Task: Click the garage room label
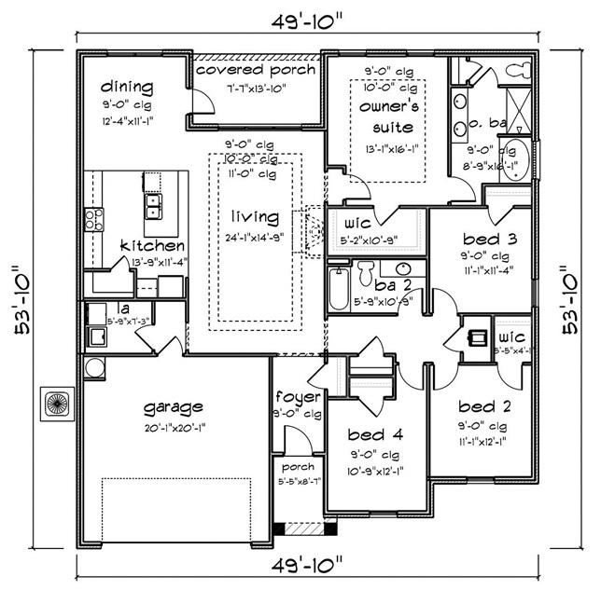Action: pos(175,407)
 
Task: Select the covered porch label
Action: pos(256,71)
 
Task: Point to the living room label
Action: pos(255,217)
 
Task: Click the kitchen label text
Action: pos(152,246)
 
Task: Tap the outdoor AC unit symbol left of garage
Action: pos(54,404)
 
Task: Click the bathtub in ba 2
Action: pos(338,289)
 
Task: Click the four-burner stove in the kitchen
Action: pos(94,219)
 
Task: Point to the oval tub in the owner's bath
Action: pos(524,157)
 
